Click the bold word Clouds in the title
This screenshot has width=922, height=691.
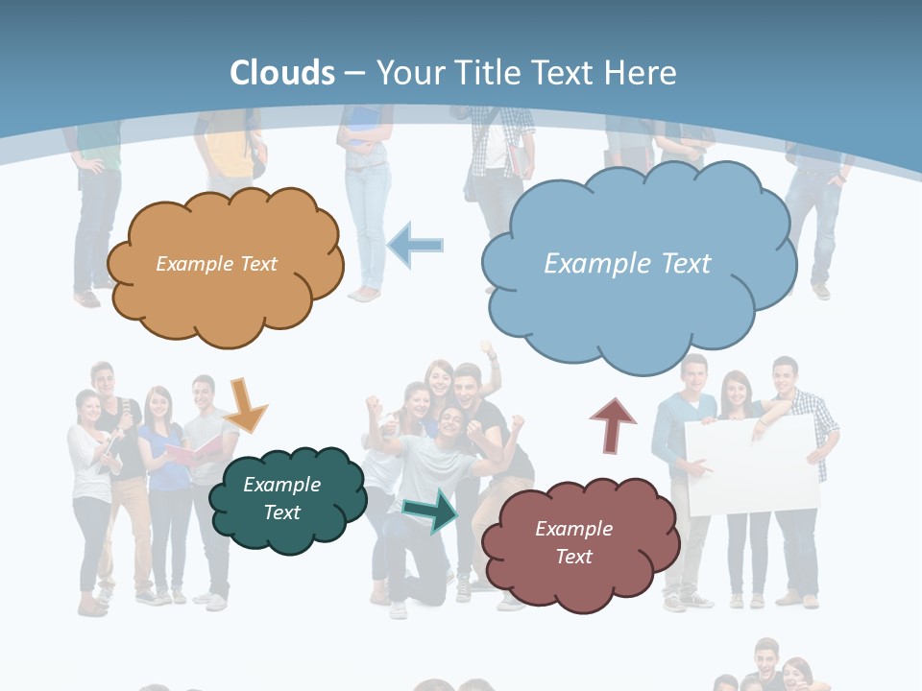pos(282,73)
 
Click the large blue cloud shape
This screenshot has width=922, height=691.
pos(639,307)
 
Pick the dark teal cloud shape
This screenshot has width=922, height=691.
pos(288,533)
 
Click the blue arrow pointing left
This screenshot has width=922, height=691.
pos(416,245)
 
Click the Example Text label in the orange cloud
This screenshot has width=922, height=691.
pos(216,263)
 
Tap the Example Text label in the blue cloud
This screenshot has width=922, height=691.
pos(627,263)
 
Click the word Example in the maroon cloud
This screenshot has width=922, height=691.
pos(573,528)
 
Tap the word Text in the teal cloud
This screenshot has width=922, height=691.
pos(282,512)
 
